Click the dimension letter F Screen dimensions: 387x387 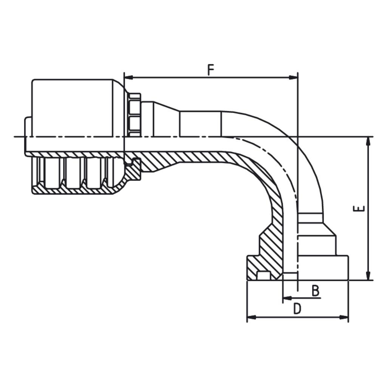click(x=210, y=70)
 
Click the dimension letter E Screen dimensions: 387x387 click(x=359, y=209)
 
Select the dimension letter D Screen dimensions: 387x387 click(x=297, y=309)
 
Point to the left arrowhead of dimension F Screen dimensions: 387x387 click(x=128, y=77)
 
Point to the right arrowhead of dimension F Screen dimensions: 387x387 click(x=293, y=77)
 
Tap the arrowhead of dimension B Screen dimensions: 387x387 click(x=287, y=298)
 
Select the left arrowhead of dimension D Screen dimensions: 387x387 click(x=251, y=317)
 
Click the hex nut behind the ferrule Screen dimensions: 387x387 click(x=135, y=115)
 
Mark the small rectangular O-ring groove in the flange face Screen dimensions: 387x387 click(x=263, y=276)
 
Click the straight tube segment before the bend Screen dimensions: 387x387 click(x=201, y=124)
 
